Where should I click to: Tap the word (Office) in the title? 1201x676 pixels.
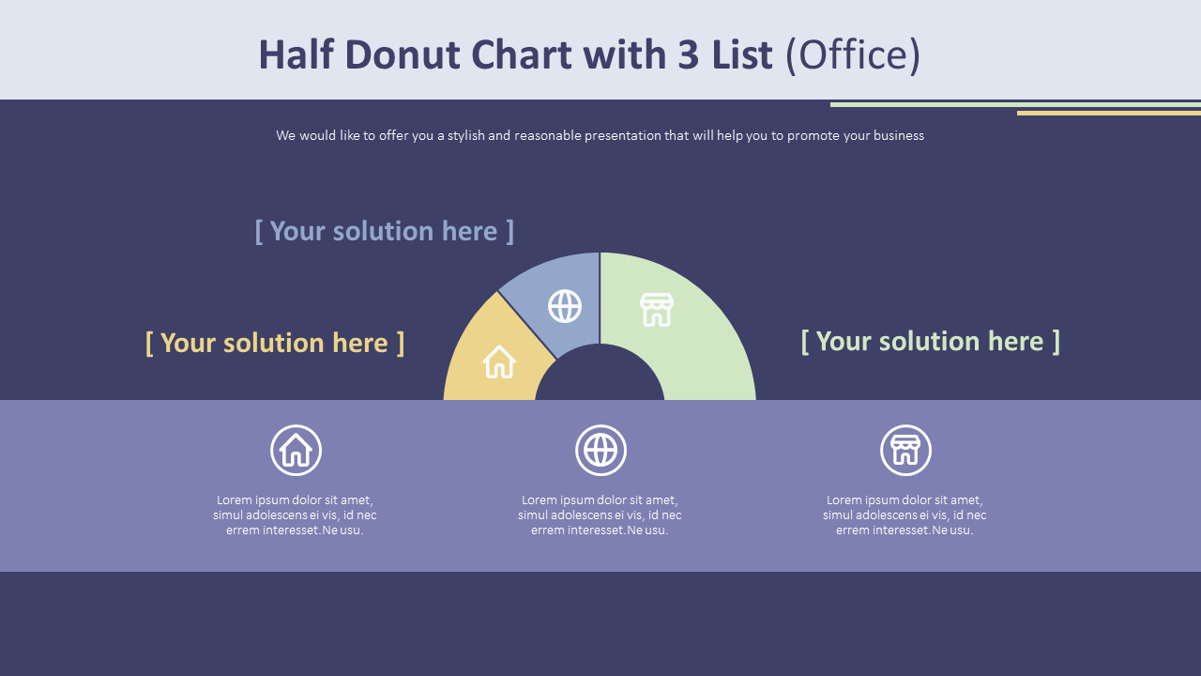(x=853, y=55)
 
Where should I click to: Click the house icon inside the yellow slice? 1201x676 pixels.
(x=499, y=361)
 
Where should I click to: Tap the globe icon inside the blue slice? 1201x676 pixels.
(x=565, y=306)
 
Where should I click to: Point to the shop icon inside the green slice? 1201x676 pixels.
(x=657, y=309)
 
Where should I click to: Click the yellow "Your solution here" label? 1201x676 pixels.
(x=275, y=343)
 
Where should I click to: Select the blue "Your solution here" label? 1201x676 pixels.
(x=385, y=231)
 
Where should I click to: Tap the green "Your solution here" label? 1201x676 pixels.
(x=930, y=341)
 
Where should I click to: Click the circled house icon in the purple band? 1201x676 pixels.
(x=296, y=451)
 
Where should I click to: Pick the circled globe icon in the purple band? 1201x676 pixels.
(x=600, y=451)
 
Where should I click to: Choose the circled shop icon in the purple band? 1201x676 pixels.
(x=905, y=451)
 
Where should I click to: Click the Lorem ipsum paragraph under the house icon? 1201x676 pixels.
(x=295, y=515)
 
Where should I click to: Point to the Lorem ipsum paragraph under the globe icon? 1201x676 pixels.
(x=600, y=515)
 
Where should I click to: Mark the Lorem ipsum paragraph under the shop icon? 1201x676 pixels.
(x=905, y=515)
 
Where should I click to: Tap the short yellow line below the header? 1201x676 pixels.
(x=1108, y=113)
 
